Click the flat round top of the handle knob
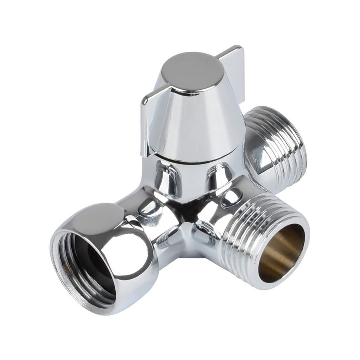192,72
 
